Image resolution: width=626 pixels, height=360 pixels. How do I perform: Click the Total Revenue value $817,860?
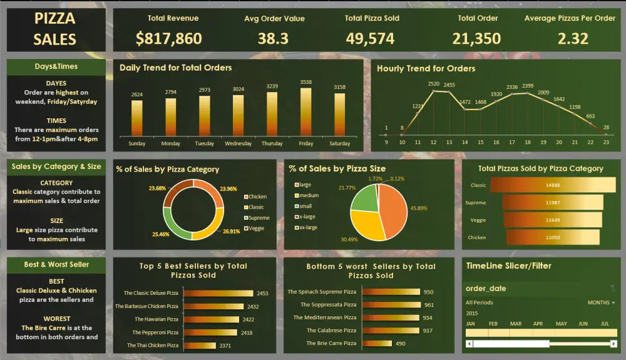pos(168,39)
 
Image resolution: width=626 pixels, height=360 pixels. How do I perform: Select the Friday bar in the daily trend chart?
pos(306,111)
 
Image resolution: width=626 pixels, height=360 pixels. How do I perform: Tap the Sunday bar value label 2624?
pos(136,95)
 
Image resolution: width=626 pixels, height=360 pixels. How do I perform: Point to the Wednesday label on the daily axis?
pos(238,143)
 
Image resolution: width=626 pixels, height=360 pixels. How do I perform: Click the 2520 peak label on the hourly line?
pos(433,83)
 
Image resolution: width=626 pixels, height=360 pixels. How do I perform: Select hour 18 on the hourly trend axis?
pos(528,142)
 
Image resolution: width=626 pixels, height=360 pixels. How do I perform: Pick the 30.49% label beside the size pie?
pos(332,240)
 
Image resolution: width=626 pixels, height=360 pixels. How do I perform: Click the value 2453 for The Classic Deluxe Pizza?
pos(262,293)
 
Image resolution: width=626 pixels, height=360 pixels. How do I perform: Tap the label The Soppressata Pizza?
pos(328,305)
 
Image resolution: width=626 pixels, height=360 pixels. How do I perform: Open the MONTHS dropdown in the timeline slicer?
pos(601,302)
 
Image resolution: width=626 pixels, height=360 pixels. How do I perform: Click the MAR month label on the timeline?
pos(516,324)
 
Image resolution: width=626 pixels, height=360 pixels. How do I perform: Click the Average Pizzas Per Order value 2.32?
pos(573,39)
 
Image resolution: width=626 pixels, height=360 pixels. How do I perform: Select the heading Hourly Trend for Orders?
pos(426,69)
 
